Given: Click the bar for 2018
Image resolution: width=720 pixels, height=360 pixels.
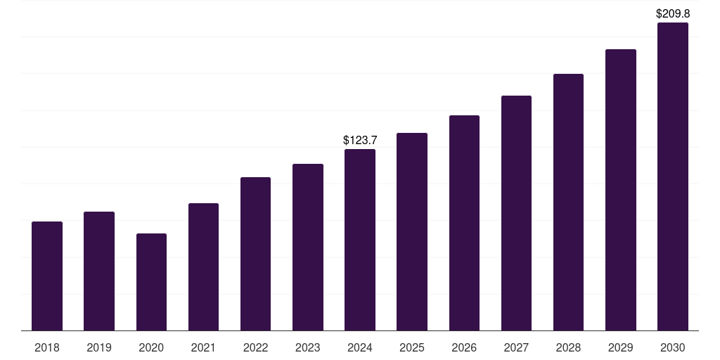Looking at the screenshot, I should click(x=47, y=276).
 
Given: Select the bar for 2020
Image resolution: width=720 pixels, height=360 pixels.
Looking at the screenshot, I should click(x=151, y=281).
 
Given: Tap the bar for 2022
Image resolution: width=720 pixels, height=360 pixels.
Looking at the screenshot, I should click(x=255, y=253).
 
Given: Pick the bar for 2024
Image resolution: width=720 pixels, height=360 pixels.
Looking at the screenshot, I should click(x=360, y=239).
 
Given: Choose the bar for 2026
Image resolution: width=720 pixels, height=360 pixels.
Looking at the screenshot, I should click(x=464, y=222).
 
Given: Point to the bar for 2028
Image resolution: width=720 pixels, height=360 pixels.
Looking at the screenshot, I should click(x=568, y=202).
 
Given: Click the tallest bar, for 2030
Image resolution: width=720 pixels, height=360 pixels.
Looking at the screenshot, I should click(x=672, y=176).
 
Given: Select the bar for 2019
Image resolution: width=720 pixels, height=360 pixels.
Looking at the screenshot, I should click(x=99, y=271).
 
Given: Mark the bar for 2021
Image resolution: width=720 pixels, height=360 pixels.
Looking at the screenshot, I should click(x=203, y=266).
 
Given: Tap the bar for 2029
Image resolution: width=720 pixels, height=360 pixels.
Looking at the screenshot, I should click(x=620, y=189).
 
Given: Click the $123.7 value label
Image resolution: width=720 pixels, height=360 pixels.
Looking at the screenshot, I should click(x=360, y=141).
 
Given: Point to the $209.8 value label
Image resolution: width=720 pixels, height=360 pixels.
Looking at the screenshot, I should click(x=672, y=13).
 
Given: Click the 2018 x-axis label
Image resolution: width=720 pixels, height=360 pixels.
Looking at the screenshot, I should click(x=47, y=347).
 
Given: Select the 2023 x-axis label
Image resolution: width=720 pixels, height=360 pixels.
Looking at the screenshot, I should click(x=307, y=347).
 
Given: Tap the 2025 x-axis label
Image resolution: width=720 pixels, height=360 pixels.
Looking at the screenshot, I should click(x=412, y=347).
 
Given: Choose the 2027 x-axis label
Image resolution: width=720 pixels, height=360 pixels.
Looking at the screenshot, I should click(x=516, y=347).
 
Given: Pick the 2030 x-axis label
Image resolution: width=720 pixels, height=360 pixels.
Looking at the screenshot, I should click(x=672, y=347).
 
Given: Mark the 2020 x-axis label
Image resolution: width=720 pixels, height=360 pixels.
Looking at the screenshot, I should click(x=151, y=347).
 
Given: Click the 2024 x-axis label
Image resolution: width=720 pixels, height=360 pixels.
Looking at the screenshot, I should click(x=360, y=347).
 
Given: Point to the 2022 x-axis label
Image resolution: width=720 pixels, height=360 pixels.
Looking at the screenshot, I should click(x=255, y=347).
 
